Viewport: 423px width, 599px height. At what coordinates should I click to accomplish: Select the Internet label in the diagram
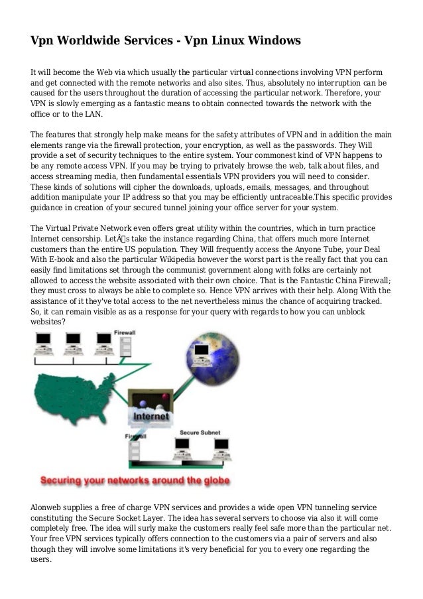tap(151, 417)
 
